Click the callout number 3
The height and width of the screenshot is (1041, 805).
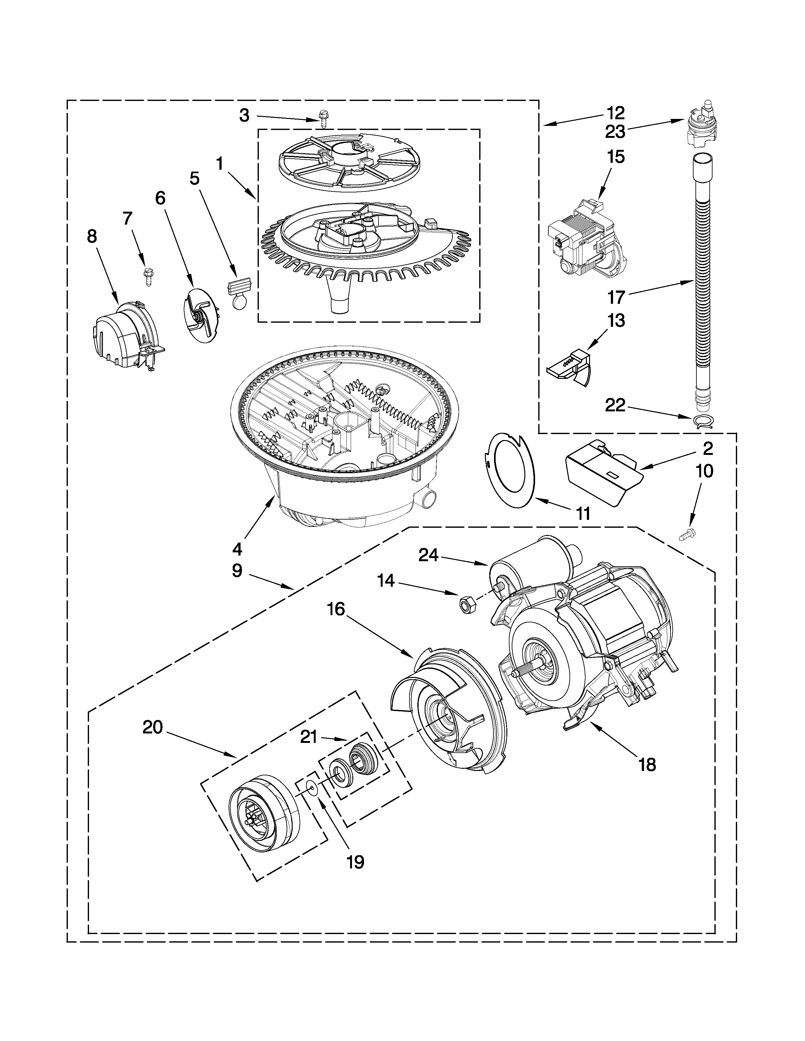[244, 115]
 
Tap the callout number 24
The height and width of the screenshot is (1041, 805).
[428, 555]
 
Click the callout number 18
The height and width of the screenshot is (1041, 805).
[647, 765]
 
